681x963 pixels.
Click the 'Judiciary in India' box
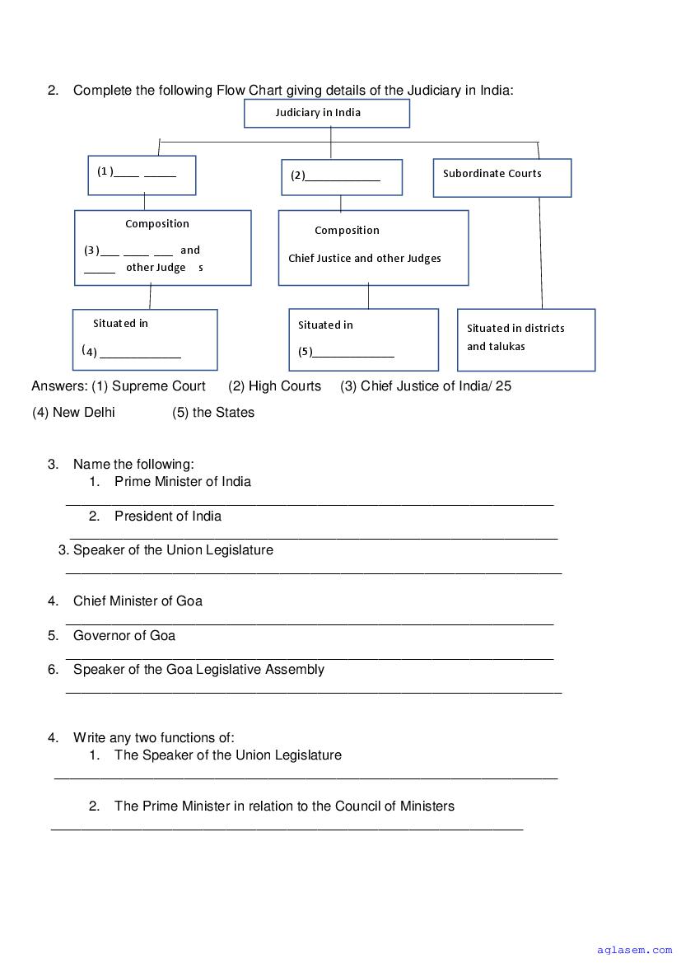[x=326, y=113]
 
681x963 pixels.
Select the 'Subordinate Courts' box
[x=501, y=177]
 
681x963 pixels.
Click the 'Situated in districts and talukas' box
[x=525, y=339]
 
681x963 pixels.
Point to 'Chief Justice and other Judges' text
[x=365, y=259]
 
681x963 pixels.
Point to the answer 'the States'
[x=223, y=412]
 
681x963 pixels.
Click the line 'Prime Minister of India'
[x=183, y=481]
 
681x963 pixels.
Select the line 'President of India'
[x=168, y=516]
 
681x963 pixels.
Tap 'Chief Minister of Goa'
[x=138, y=601]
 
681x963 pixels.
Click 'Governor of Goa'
[x=124, y=635]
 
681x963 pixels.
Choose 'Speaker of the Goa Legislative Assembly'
[x=198, y=669]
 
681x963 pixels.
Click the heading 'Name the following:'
[x=133, y=464]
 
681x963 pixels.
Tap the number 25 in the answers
[x=503, y=386]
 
